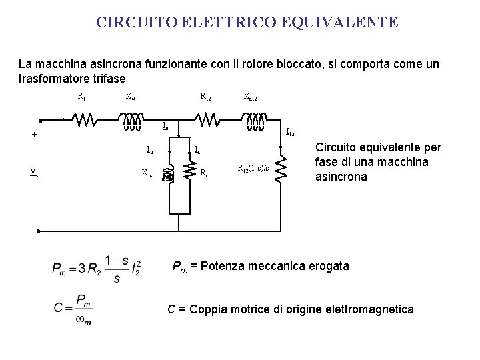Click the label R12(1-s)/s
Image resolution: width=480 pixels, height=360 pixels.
click(x=253, y=168)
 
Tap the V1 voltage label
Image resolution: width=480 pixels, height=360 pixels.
click(x=33, y=171)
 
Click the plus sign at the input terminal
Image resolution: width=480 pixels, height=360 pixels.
click(x=34, y=134)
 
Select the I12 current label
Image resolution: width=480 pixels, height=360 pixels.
click(x=290, y=132)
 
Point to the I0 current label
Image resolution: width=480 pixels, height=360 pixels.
click(x=166, y=125)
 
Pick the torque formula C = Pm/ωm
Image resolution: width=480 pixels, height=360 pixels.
click(x=73, y=309)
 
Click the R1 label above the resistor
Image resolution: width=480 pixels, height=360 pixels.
click(x=81, y=97)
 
